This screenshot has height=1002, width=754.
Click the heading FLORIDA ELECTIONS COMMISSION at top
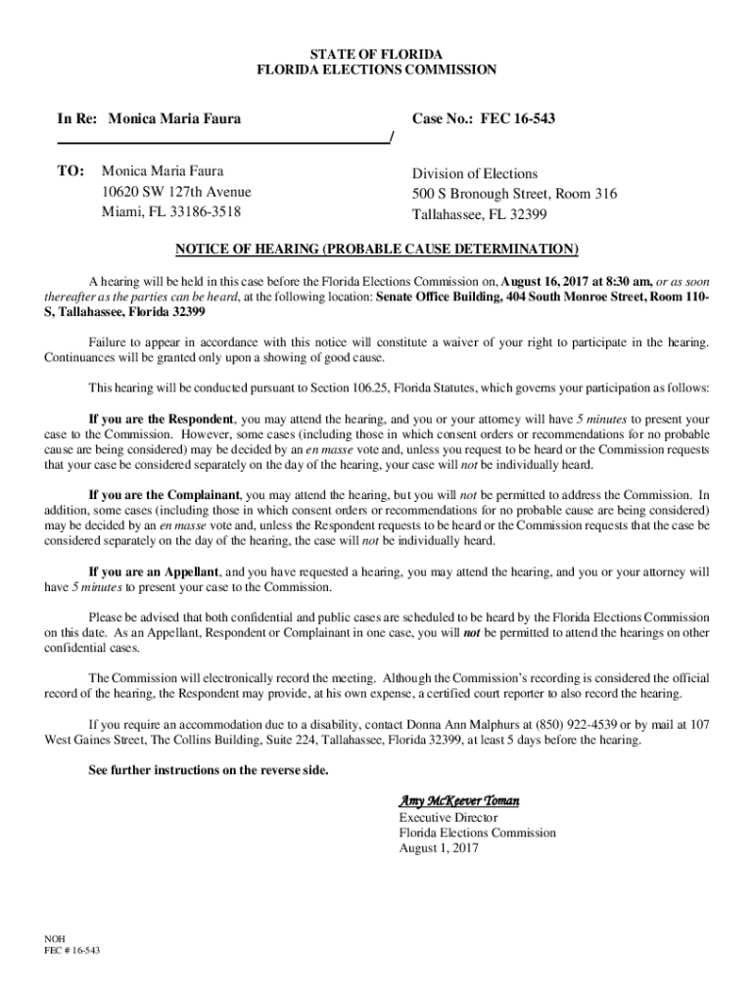tap(376, 69)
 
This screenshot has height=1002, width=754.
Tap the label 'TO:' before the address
tap(71, 170)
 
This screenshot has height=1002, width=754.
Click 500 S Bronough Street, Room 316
tap(514, 195)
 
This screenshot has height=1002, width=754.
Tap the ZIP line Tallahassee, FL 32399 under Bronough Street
tap(479, 214)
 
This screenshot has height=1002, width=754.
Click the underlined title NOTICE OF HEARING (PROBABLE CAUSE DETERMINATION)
tap(377, 248)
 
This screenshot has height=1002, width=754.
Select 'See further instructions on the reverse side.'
tap(209, 770)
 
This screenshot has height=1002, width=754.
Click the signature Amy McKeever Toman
tap(458, 801)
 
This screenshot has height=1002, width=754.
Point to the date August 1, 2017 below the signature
tap(438, 848)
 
